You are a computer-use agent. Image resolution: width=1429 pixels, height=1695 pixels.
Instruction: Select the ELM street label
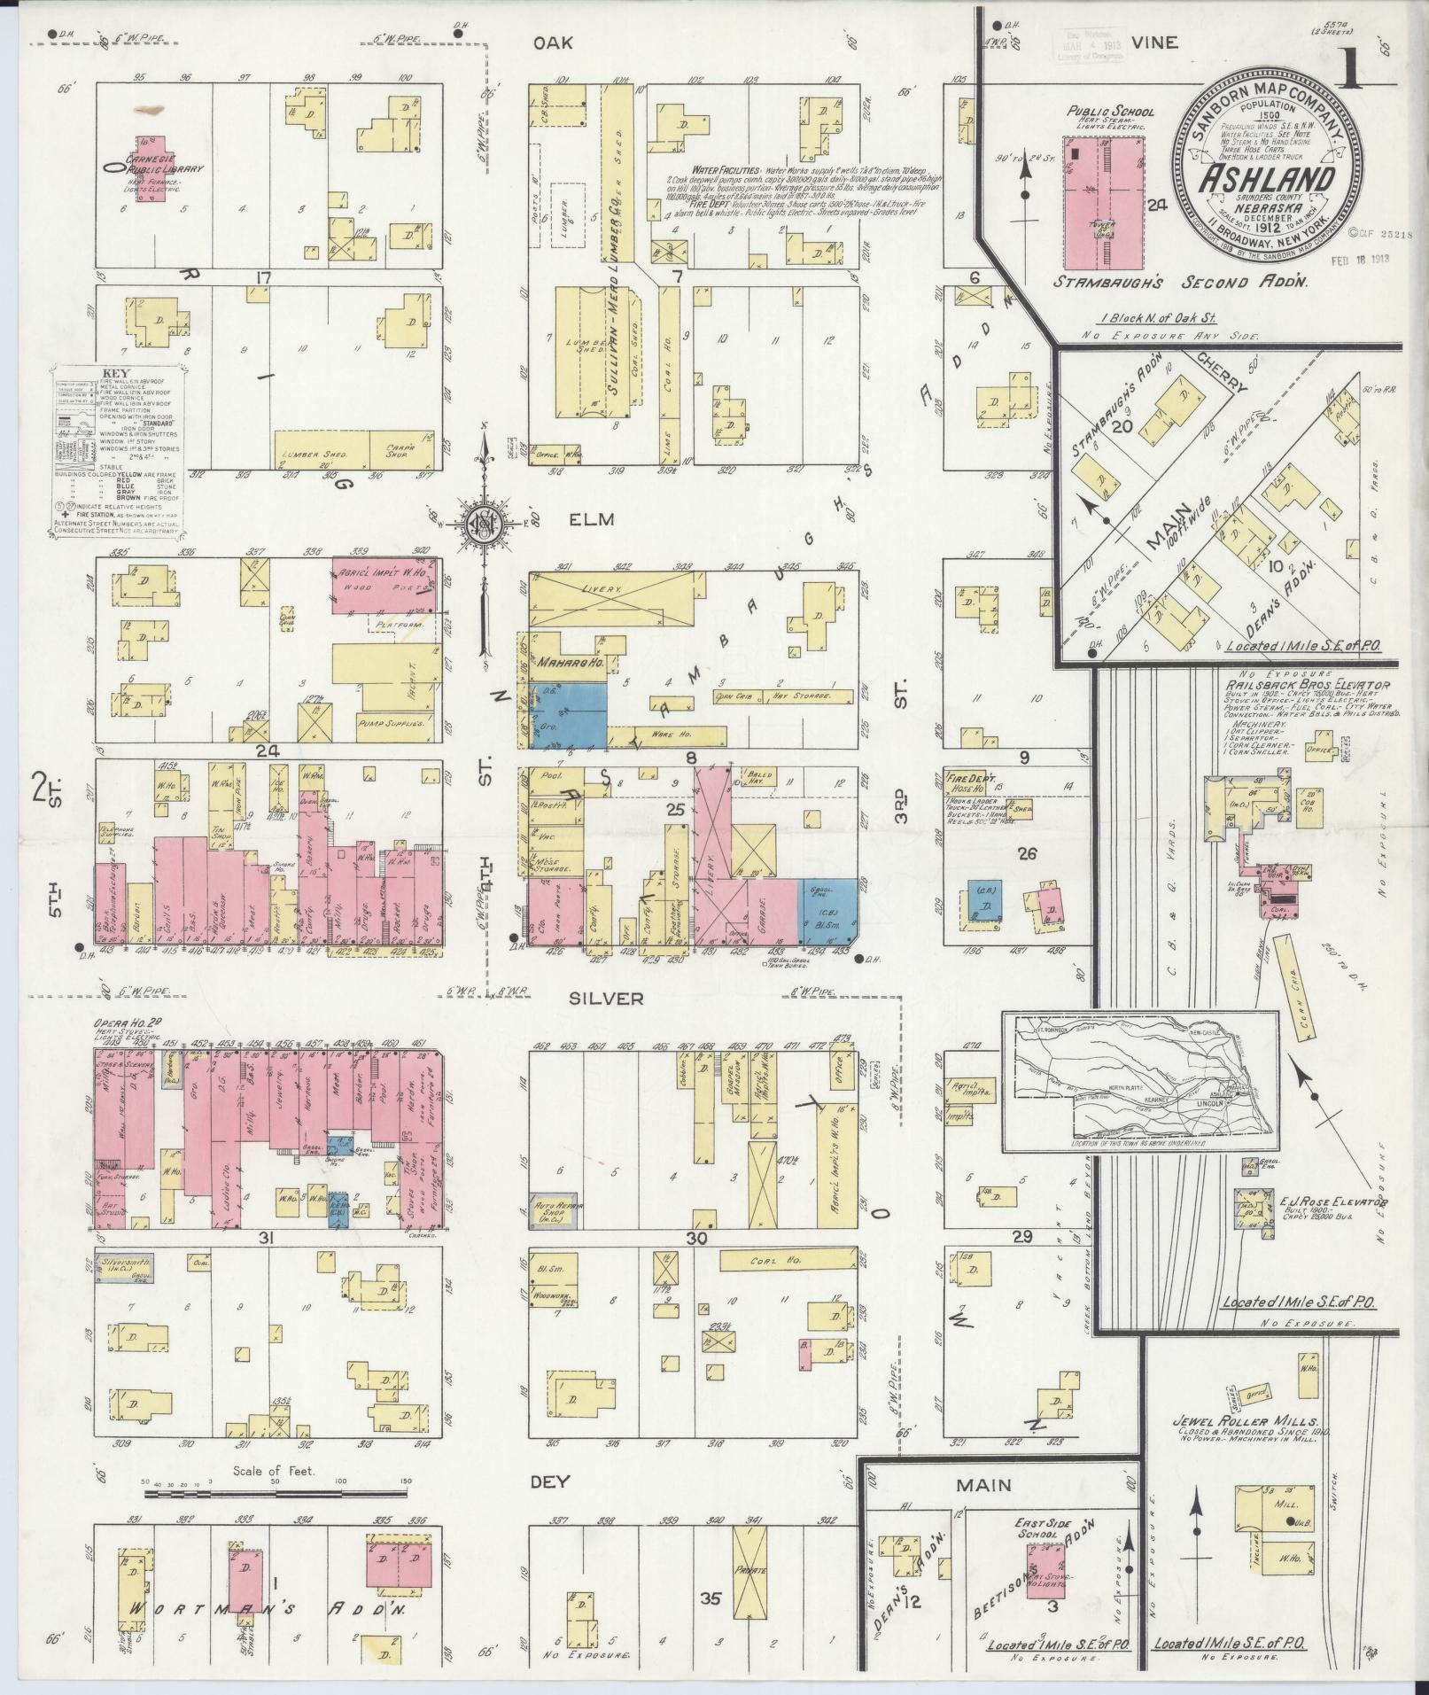point(592,520)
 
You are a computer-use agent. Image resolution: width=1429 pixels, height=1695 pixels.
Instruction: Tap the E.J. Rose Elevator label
point(1332,1202)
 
